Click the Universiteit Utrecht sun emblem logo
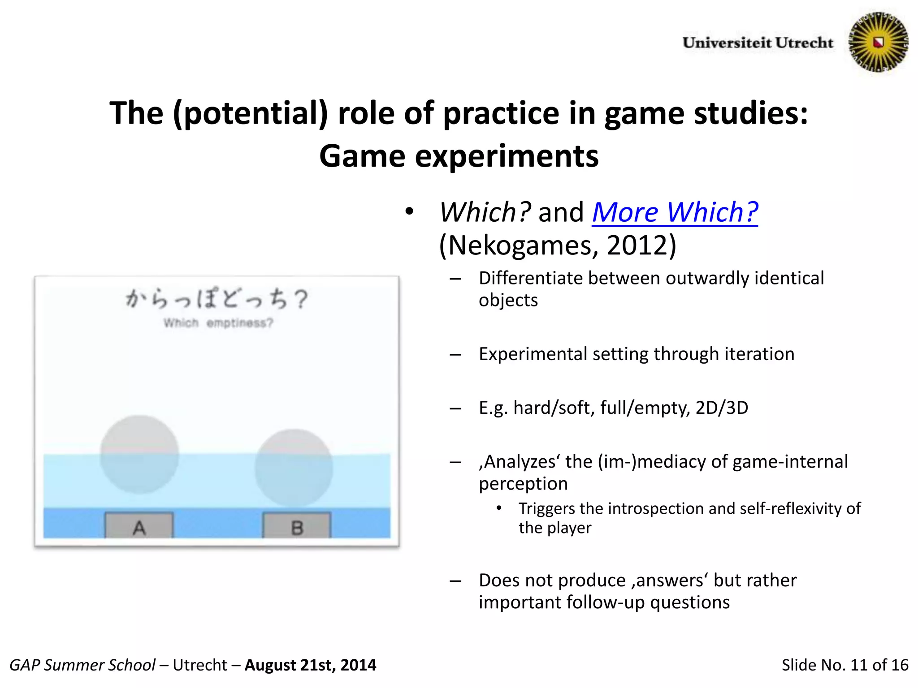coord(878,42)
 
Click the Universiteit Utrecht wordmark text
coord(758,43)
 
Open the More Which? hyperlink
coord(675,212)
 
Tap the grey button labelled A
coord(139,526)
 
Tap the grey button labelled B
coord(297,526)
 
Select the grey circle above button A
coord(139,454)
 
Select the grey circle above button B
coord(294,468)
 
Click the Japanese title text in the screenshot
coord(217,299)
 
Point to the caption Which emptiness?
coord(218,323)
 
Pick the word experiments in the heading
coord(507,156)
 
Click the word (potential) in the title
coord(251,113)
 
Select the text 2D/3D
coord(722,408)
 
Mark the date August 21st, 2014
coord(310,665)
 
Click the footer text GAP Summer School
coord(82,665)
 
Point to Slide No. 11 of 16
coord(844,665)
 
